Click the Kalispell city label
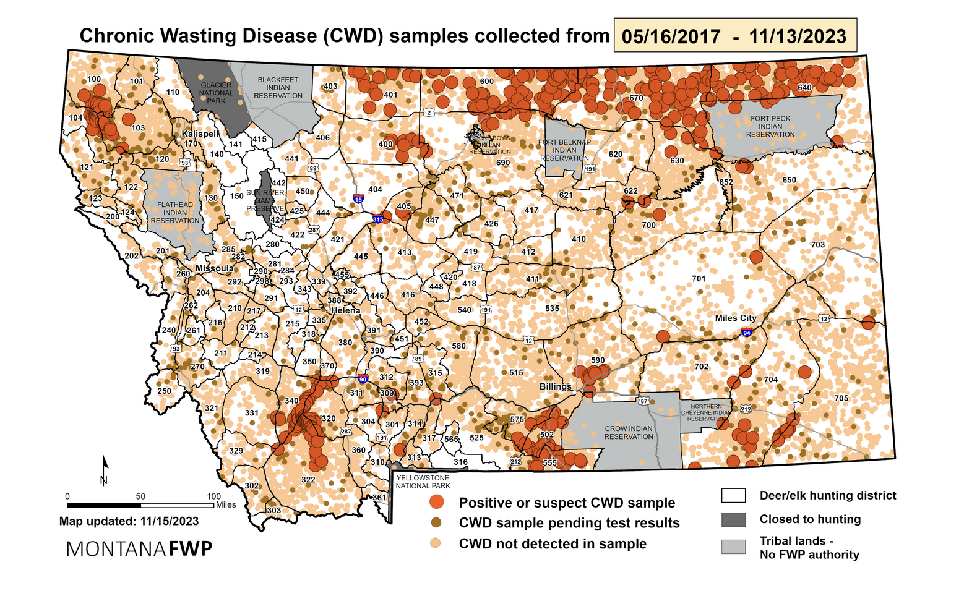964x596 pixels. coord(200,134)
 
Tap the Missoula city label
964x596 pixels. coord(214,268)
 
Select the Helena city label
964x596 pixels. coord(345,310)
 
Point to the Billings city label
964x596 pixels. coord(556,386)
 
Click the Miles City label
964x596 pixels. coord(736,318)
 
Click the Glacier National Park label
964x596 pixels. coord(216,93)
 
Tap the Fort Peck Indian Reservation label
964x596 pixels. coord(770,126)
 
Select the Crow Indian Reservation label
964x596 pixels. coord(629,432)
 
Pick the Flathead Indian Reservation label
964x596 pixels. coord(175,212)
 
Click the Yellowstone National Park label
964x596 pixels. coord(423,482)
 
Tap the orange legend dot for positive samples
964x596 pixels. coord(438,502)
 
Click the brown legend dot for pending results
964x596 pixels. coord(438,523)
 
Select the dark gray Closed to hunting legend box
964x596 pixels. coord(733,519)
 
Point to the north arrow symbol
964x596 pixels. coord(105,470)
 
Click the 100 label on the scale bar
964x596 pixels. coord(213,496)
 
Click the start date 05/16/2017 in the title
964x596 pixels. coord(671,36)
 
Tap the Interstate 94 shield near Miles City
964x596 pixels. coord(747,333)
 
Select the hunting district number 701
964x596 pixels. coord(699,279)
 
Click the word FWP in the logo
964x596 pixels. coord(191,548)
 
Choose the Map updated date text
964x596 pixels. coord(129,521)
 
